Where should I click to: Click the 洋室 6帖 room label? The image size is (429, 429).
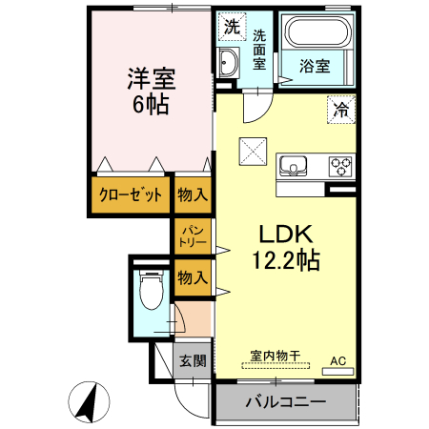coord(149,91)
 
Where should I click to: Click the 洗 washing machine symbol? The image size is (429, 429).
coord(231,28)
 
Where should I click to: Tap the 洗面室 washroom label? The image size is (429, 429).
coord(259,50)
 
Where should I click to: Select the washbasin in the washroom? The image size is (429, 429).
coord(229,65)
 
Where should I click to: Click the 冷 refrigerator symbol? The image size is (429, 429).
coord(340,111)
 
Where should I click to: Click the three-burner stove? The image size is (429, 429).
coord(340,167)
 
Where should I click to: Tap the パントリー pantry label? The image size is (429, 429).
coord(191,235)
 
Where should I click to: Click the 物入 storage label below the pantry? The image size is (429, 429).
coord(192,277)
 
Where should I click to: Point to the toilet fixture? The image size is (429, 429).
coord(149,289)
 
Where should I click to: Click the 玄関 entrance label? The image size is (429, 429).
coord(192,360)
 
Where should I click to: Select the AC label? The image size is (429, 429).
coord(337,360)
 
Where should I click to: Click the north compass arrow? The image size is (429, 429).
coord(88,402)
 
